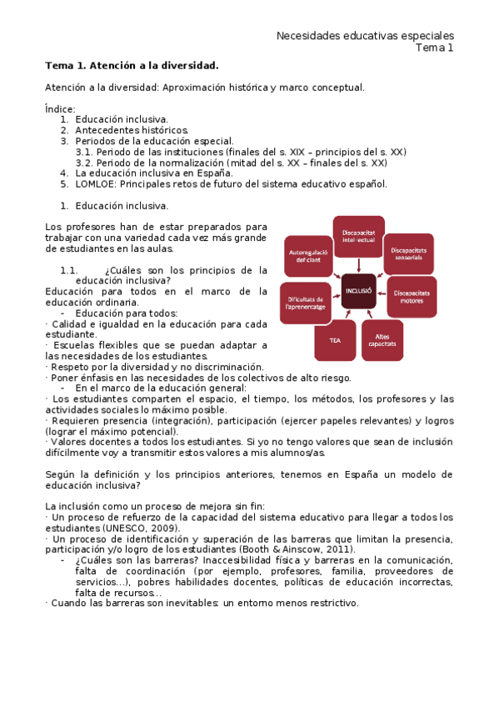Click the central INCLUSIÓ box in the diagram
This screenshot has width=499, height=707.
pyautogui.click(x=358, y=291)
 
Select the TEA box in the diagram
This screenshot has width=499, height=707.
pyautogui.click(x=334, y=341)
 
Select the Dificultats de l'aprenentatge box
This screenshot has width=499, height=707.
pyautogui.click(x=306, y=302)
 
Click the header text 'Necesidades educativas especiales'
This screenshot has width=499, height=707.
pyautogui.click(x=365, y=36)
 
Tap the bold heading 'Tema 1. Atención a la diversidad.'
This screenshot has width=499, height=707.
pyautogui.click(x=132, y=65)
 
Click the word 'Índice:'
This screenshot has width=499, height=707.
pyautogui.click(x=60, y=109)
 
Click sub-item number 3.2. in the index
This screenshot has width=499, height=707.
pyautogui.click(x=84, y=163)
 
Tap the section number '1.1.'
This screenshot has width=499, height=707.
pyautogui.click(x=69, y=270)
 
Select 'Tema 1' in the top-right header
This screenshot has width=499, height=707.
pyautogui.click(x=435, y=48)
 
